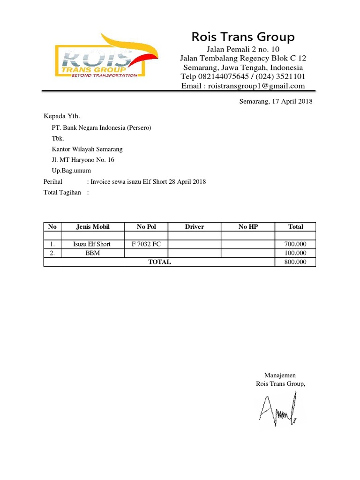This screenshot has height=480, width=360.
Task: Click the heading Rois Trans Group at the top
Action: click(x=243, y=37)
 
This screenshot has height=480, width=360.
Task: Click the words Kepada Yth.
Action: click(x=59, y=116)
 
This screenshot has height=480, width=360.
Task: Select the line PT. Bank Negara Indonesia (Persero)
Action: click(x=101, y=127)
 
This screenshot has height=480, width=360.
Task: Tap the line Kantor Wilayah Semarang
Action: click(x=87, y=149)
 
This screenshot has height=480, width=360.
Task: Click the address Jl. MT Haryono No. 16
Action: click(x=82, y=160)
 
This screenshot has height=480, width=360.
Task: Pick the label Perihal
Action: click(x=53, y=181)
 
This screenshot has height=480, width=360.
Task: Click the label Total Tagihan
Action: click(x=62, y=192)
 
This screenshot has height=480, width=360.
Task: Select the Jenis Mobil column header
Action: click(x=93, y=227)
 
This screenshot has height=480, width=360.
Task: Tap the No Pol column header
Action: click(x=146, y=227)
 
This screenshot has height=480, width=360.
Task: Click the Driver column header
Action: click(x=195, y=227)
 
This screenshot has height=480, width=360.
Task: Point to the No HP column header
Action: click(x=248, y=227)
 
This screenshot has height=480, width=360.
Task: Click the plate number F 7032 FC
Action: click(x=146, y=244)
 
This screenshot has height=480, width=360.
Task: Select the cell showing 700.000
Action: click(x=295, y=244)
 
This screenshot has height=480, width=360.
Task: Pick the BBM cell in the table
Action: click(x=93, y=253)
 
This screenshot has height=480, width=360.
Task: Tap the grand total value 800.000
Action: click(x=295, y=262)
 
